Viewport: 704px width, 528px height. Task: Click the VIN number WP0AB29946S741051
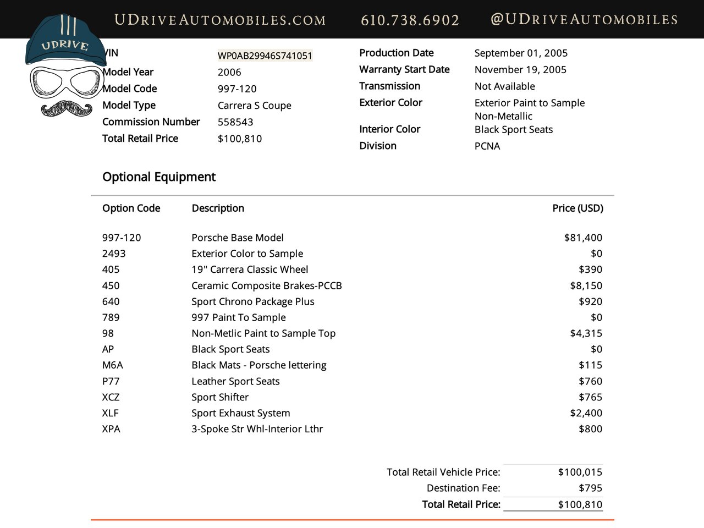265,56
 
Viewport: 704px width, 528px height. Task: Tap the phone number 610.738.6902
410,20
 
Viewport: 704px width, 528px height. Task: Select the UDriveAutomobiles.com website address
220,20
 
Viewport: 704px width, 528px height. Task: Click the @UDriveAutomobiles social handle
584,20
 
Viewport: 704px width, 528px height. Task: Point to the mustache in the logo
67,108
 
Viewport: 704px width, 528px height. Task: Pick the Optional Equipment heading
159,177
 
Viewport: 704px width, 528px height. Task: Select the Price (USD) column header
577,208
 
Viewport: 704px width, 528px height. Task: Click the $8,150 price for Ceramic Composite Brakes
586,285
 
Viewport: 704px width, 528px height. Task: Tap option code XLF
111,413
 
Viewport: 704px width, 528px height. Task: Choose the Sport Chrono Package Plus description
253,301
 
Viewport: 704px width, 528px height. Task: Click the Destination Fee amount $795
590,488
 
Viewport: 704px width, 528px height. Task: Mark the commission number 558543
235,122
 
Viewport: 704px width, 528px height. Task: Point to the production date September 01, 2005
521,53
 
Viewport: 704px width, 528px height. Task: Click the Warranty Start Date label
404,69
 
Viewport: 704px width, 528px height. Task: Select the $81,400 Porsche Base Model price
583,238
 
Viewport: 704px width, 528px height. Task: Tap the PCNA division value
487,146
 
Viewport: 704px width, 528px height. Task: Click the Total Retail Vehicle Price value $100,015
580,472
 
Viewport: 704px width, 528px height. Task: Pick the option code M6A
113,365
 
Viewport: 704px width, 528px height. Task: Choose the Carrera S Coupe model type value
255,106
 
